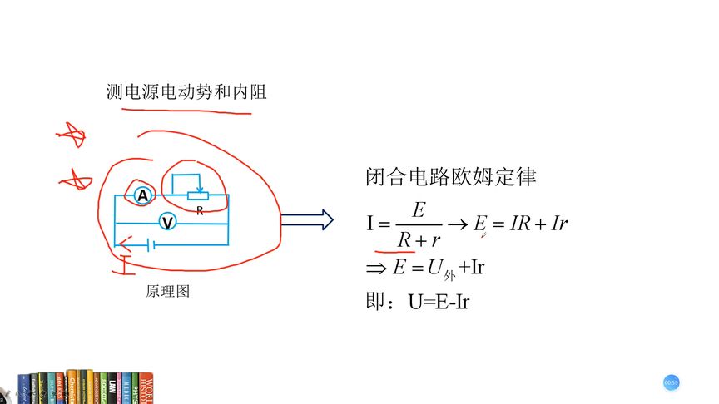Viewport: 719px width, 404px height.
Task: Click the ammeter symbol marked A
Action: (x=142, y=195)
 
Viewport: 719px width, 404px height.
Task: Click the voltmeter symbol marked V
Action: (x=167, y=223)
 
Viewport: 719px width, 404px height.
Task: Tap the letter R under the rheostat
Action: (x=200, y=211)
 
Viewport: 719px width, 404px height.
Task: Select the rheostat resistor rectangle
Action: (x=198, y=195)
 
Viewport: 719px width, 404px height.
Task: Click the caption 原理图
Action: (x=167, y=292)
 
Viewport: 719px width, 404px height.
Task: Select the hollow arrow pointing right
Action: (x=306, y=220)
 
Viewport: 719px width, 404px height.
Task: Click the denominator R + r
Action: (x=419, y=239)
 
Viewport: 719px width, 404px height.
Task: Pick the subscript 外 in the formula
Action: (x=450, y=274)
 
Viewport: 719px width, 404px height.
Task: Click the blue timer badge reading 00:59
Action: (x=672, y=382)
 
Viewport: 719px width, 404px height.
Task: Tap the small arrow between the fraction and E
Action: (x=458, y=224)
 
